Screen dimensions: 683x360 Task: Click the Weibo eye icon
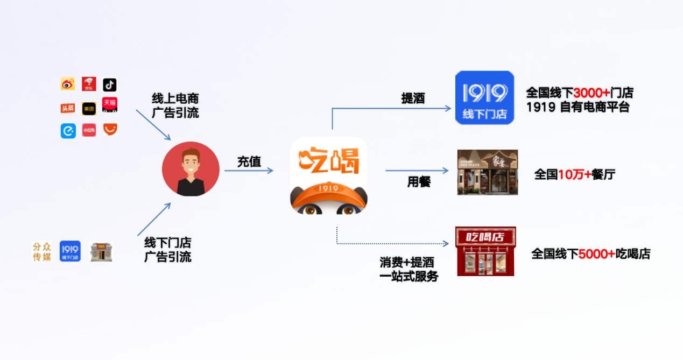(68, 84)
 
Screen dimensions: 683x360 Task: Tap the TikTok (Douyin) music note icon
(110, 84)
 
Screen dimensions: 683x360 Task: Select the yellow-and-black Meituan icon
(89, 109)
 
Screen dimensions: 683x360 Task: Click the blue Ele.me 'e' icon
(68, 131)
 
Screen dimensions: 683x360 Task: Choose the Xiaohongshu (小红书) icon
(89, 130)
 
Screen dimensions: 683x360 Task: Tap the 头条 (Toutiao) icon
(68, 108)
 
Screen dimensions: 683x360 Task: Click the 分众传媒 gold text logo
(42, 251)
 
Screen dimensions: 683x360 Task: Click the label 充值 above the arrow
(249, 161)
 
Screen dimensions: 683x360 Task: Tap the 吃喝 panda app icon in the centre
(329, 175)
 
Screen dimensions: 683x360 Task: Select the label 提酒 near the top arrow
(413, 98)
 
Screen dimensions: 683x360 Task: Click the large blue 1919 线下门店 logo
(484, 97)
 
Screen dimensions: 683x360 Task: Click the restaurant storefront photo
(488, 172)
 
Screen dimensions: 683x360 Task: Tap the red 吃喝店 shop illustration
(485, 251)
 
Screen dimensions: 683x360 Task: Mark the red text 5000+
(597, 253)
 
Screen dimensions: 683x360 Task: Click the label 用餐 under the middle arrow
(419, 182)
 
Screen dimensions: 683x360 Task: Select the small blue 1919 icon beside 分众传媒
(70, 251)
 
